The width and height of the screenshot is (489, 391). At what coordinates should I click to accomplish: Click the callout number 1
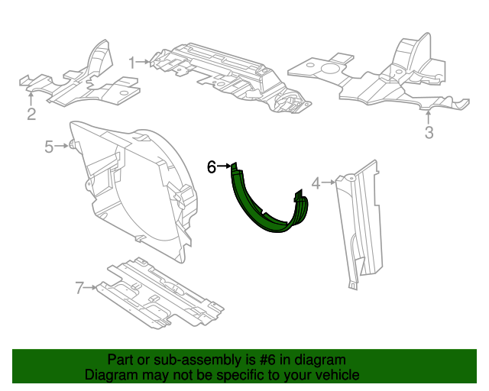click(x=132, y=63)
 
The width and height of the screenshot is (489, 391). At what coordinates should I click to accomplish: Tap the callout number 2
click(x=31, y=114)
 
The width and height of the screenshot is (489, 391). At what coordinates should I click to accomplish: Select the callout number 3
click(x=429, y=132)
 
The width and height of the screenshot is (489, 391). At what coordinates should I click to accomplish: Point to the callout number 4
click(x=316, y=183)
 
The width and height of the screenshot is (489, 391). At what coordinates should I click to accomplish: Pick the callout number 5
click(x=49, y=147)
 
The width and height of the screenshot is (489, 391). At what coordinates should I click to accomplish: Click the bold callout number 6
click(x=212, y=166)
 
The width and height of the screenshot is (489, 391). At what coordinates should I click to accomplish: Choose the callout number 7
click(x=79, y=287)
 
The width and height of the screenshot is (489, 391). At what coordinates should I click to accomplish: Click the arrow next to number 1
click(x=144, y=62)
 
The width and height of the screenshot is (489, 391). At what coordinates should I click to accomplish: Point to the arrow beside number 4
click(x=329, y=182)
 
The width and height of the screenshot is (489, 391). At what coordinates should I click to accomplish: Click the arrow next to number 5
click(x=62, y=146)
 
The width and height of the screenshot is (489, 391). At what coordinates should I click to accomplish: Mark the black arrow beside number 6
click(x=224, y=166)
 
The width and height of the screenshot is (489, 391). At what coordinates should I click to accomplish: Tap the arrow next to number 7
click(x=91, y=287)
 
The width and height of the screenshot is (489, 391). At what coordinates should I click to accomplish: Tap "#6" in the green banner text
click(x=267, y=360)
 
